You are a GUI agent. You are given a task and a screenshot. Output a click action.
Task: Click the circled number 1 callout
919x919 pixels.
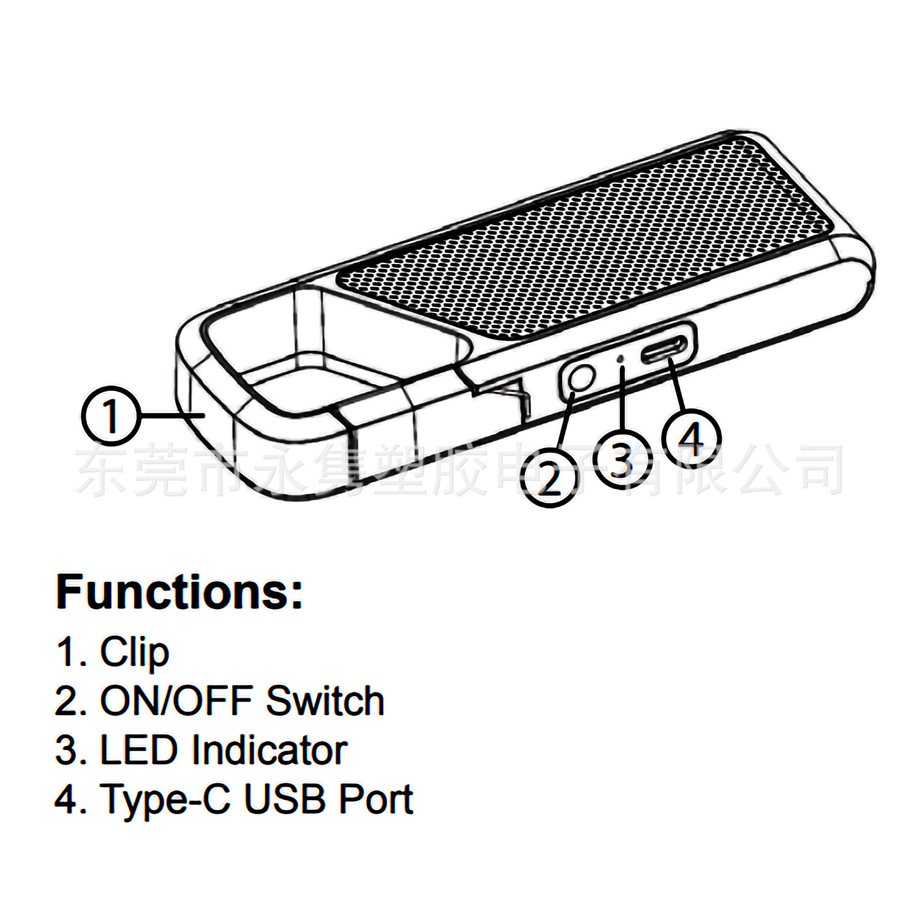pyautogui.click(x=110, y=416)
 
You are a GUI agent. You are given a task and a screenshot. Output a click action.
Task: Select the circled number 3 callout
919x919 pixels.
pyautogui.click(x=621, y=459)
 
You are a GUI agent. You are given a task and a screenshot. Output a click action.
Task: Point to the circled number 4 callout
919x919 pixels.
pyautogui.click(x=692, y=437)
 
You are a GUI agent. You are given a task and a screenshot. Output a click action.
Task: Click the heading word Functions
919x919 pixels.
pyautogui.click(x=179, y=592)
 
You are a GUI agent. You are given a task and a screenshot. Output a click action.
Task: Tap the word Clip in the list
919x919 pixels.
pyautogui.click(x=134, y=652)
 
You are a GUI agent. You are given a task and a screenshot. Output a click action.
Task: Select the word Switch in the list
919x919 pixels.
pyautogui.click(x=325, y=700)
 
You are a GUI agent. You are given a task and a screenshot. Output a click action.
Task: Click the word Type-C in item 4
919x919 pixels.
pyautogui.click(x=165, y=800)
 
